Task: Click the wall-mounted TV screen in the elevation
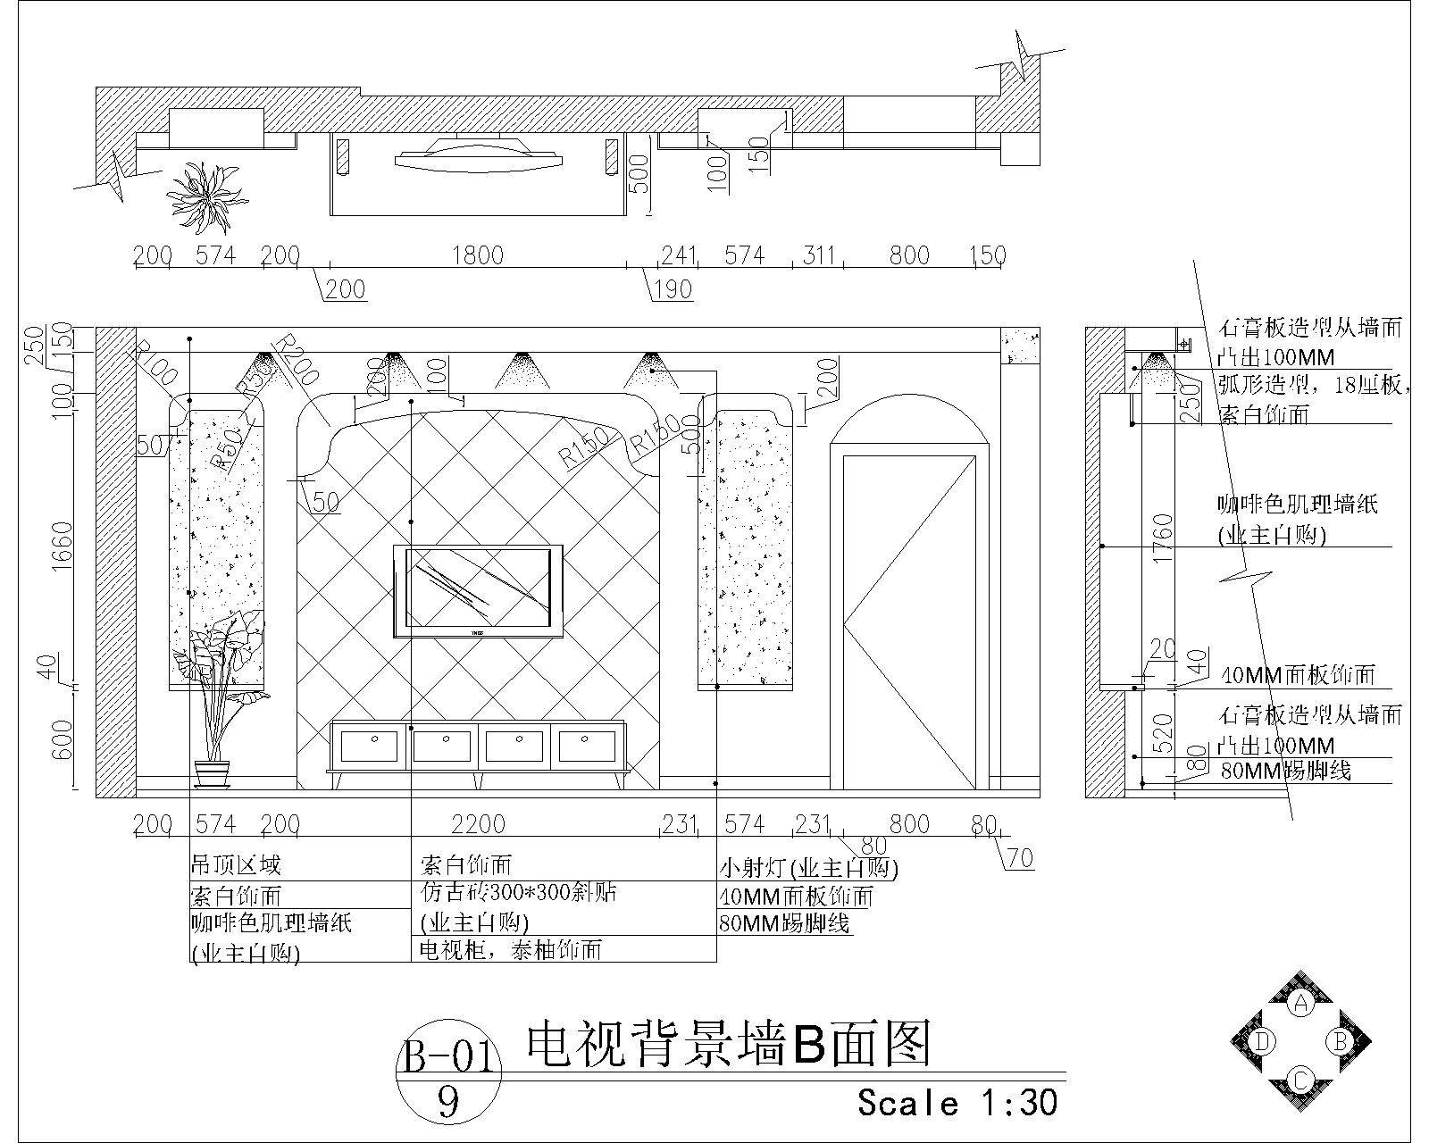[478, 589]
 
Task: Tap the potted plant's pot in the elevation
[212, 772]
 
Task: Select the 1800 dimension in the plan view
[478, 255]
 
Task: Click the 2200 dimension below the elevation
[478, 823]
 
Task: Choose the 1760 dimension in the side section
[1162, 538]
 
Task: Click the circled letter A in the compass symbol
[1301, 1003]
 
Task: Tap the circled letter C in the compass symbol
[1301, 1079]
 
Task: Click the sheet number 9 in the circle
[448, 1104]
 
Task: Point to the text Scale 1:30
[957, 1103]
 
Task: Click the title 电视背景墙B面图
[728, 1045]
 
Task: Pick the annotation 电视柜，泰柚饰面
[511, 950]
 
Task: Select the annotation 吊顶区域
[236, 864]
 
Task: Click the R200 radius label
[295, 360]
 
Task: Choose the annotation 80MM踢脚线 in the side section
[1284, 770]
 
